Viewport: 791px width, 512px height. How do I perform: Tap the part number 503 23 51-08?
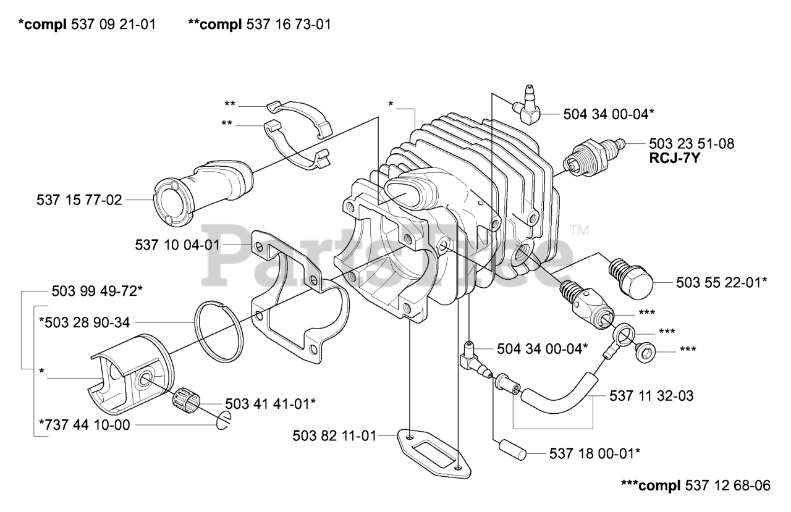click(692, 144)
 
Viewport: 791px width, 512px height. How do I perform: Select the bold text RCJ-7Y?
click(674, 159)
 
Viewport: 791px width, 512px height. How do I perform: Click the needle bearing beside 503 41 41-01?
click(186, 400)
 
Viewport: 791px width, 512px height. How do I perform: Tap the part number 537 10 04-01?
click(177, 245)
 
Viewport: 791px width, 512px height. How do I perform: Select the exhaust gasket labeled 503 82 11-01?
click(434, 454)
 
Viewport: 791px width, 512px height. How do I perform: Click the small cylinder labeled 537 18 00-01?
click(513, 450)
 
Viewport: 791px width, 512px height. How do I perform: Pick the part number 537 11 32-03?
click(651, 395)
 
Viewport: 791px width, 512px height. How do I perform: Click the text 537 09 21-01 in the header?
click(113, 25)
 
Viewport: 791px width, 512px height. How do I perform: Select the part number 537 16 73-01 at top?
click(289, 25)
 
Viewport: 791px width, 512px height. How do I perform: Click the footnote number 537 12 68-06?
click(728, 485)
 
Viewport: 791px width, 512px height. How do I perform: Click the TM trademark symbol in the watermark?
click(580, 230)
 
